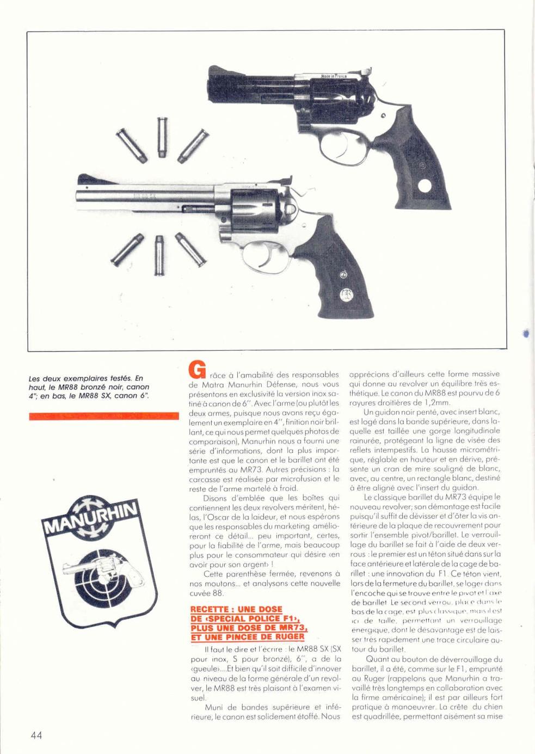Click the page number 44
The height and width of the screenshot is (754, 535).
pyautogui.click(x=36, y=735)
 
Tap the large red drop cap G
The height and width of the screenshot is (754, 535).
pyautogui.click(x=196, y=370)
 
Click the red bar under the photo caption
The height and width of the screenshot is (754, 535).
pyautogui.click(x=103, y=416)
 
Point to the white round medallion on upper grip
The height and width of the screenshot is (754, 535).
pyautogui.click(x=425, y=186)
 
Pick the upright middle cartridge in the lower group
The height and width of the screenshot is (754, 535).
pyautogui.click(x=158, y=256)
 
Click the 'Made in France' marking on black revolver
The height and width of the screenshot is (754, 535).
pyautogui.click(x=334, y=77)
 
